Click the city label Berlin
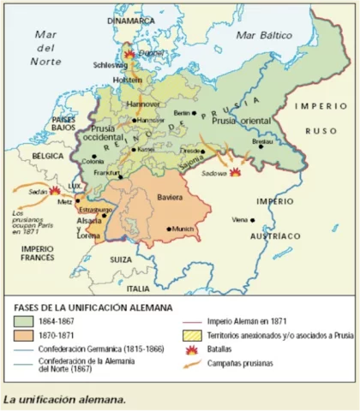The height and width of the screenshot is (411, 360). [x=181, y=112]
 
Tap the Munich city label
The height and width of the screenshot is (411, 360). [x=183, y=229]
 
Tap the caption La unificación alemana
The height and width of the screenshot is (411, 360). [x=64, y=399]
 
